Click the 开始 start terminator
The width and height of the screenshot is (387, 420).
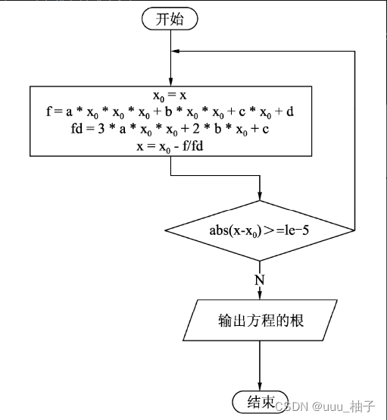(x=170, y=20)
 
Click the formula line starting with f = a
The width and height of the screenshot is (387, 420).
(x=171, y=113)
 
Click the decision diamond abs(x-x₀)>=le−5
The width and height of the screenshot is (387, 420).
(x=260, y=229)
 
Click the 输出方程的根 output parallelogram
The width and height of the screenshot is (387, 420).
(x=260, y=321)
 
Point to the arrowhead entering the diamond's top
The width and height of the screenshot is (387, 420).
(x=260, y=196)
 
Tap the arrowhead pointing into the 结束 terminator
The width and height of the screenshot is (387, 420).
(x=260, y=386)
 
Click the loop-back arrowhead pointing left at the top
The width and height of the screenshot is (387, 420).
(x=177, y=51)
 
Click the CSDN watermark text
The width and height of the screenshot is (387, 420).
(x=288, y=406)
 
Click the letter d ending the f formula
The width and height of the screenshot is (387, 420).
(x=290, y=113)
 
